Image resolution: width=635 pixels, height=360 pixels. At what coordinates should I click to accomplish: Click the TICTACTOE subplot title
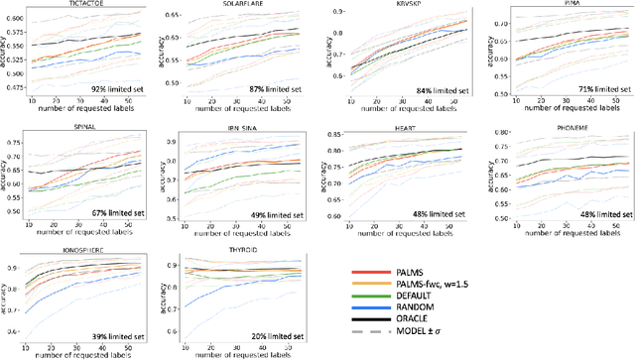84,5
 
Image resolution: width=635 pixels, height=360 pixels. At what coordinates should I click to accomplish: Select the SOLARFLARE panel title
230,5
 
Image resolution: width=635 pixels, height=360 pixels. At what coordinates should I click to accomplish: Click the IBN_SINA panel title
230,129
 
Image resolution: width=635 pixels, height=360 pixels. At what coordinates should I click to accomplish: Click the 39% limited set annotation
113,336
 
